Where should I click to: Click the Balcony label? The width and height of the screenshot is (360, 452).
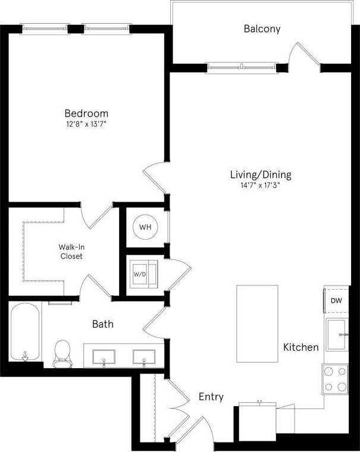click(x=262, y=29)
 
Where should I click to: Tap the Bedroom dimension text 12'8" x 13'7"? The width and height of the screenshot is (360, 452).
click(x=86, y=124)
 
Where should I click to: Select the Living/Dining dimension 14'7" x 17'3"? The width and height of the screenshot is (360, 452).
click(x=261, y=186)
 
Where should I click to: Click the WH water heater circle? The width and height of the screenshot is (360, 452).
click(x=145, y=227)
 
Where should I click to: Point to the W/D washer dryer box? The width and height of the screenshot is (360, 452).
click(x=143, y=274)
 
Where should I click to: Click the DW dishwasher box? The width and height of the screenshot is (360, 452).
click(x=336, y=301)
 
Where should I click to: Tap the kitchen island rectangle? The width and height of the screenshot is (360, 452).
click(x=257, y=324)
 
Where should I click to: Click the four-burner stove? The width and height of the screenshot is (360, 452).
click(x=336, y=379)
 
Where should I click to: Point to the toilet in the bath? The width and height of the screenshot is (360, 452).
click(x=62, y=353)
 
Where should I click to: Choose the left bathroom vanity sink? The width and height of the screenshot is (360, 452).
click(x=104, y=357)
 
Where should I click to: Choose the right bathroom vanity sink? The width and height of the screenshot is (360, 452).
click(x=143, y=357)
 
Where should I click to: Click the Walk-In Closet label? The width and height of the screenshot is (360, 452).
click(x=70, y=252)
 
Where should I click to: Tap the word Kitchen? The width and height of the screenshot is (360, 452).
click(x=300, y=347)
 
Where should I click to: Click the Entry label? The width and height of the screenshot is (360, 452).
click(x=211, y=397)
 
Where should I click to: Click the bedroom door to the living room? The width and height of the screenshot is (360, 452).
click(x=154, y=176)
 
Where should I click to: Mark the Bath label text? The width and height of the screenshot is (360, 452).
click(x=102, y=324)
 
